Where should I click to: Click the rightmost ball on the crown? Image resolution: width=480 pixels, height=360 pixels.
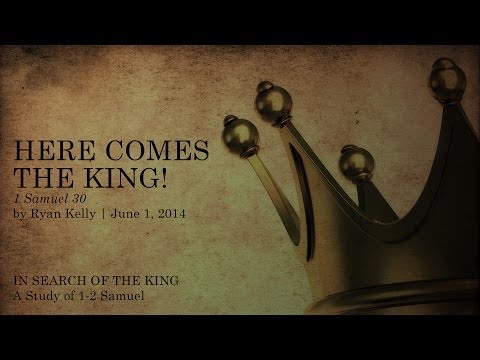[445, 77]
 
